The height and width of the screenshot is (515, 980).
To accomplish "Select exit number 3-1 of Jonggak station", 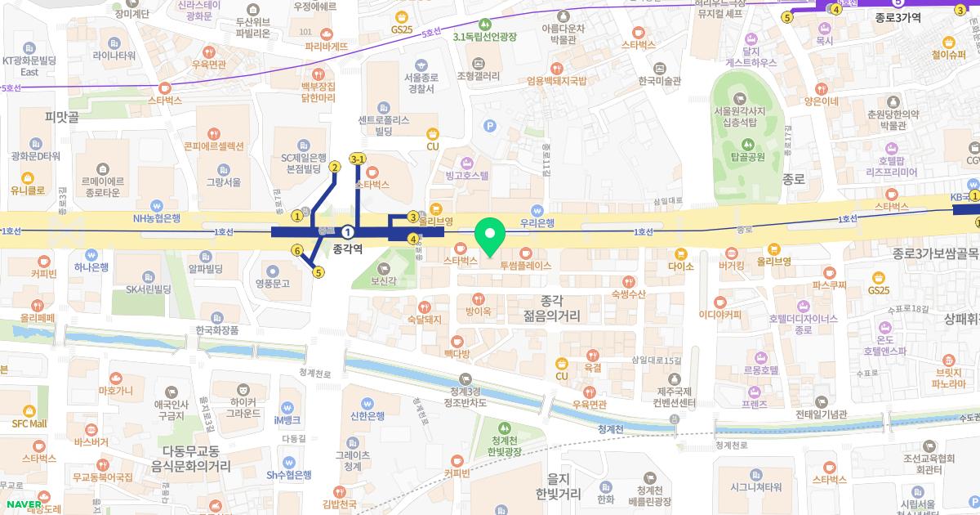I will click(x=358, y=159).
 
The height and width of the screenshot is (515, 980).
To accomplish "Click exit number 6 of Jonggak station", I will click(x=297, y=251).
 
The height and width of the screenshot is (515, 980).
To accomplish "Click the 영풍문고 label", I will click(x=272, y=284).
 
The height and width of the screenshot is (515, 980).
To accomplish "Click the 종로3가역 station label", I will click(x=898, y=17).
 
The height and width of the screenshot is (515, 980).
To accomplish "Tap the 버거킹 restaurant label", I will click(x=731, y=266).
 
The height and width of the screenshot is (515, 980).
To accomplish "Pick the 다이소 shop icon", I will click(x=679, y=254).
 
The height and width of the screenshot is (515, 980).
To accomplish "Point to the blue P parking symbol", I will click(x=490, y=126).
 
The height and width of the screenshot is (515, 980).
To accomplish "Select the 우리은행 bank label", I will click(x=537, y=222).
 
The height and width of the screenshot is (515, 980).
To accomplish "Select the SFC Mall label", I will click(x=29, y=423).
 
